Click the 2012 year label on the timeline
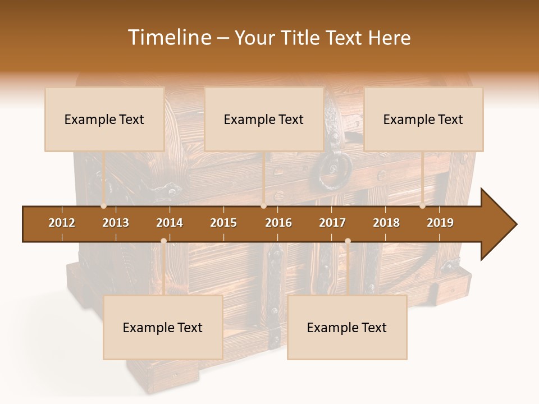(x=62, y=223)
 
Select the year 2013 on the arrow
(x=116, y=223)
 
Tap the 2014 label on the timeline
(x=170, y=223)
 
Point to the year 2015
(x=223, y=223)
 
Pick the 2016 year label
(x=278, y=223)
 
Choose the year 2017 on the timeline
(x=332, y=223)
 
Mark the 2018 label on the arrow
(x=386, y=223)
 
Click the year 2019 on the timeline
(x=440, y=223)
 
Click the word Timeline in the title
(x=169, y=38)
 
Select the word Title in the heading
(x=302, y=38)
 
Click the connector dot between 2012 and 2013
(x=103, y=206)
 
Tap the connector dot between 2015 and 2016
(x=263, y=206)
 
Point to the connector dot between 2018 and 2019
(x=422, y=206)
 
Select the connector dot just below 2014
(x=163, y=241)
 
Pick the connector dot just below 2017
(x=348, y=241)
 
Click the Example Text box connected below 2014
(x=163, y=327)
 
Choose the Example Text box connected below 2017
(x=347, y=327)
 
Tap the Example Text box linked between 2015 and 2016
(x=264, y=119)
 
